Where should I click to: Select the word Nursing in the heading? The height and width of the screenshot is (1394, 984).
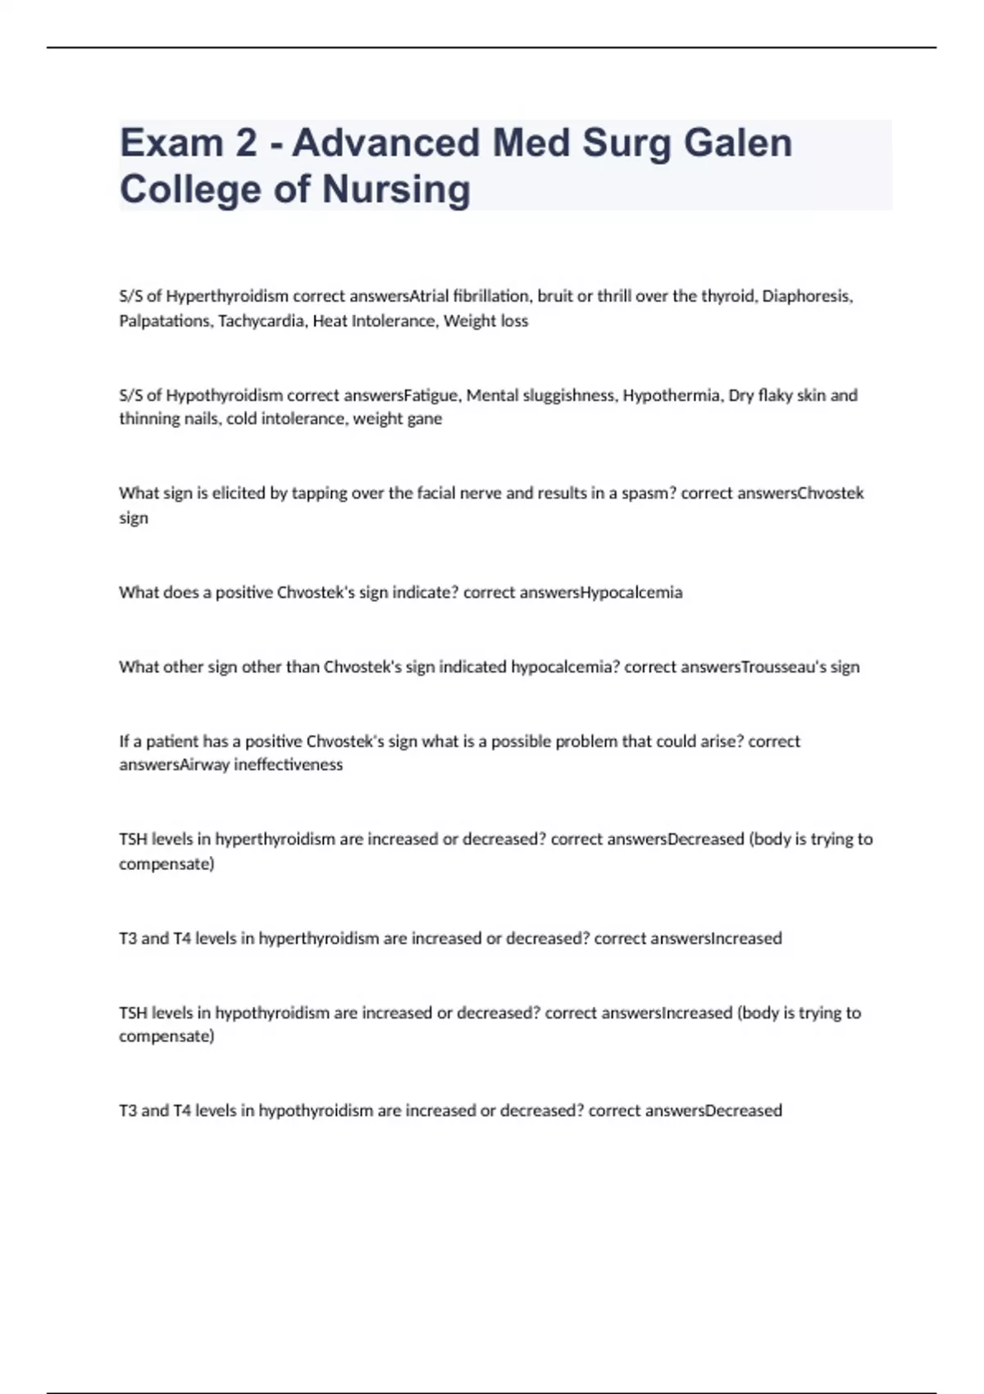pos(396,189)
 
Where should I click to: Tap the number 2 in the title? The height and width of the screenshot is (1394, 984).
pos(245,143)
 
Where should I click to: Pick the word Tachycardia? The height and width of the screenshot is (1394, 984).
pos(262,321)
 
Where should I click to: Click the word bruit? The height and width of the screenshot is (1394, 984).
pos(555,296)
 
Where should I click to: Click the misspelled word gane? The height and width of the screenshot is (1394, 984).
pos(426,419)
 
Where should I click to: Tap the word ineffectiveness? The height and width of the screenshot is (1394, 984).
pos(288,765)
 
